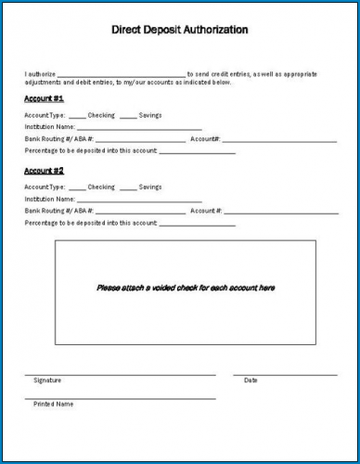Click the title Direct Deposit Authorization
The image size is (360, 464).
coord(180,30)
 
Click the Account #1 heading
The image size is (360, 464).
coord(44,97)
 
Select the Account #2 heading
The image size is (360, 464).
coord(44,171)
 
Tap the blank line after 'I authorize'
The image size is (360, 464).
coord(122,73)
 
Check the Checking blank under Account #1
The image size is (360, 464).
coord(77,116)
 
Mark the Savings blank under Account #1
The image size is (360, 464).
coord(128,116)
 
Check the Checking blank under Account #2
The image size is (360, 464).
coord(77,188)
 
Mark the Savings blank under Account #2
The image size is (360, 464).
coord(128,188)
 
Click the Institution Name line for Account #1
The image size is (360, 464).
coord(139,129)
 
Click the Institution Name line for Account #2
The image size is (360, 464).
coord(139,201)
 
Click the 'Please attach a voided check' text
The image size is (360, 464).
coord(186,288)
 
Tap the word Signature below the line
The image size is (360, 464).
coord(47,380)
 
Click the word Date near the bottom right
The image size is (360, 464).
coord(251,380)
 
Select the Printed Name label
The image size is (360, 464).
coord(53,405)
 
